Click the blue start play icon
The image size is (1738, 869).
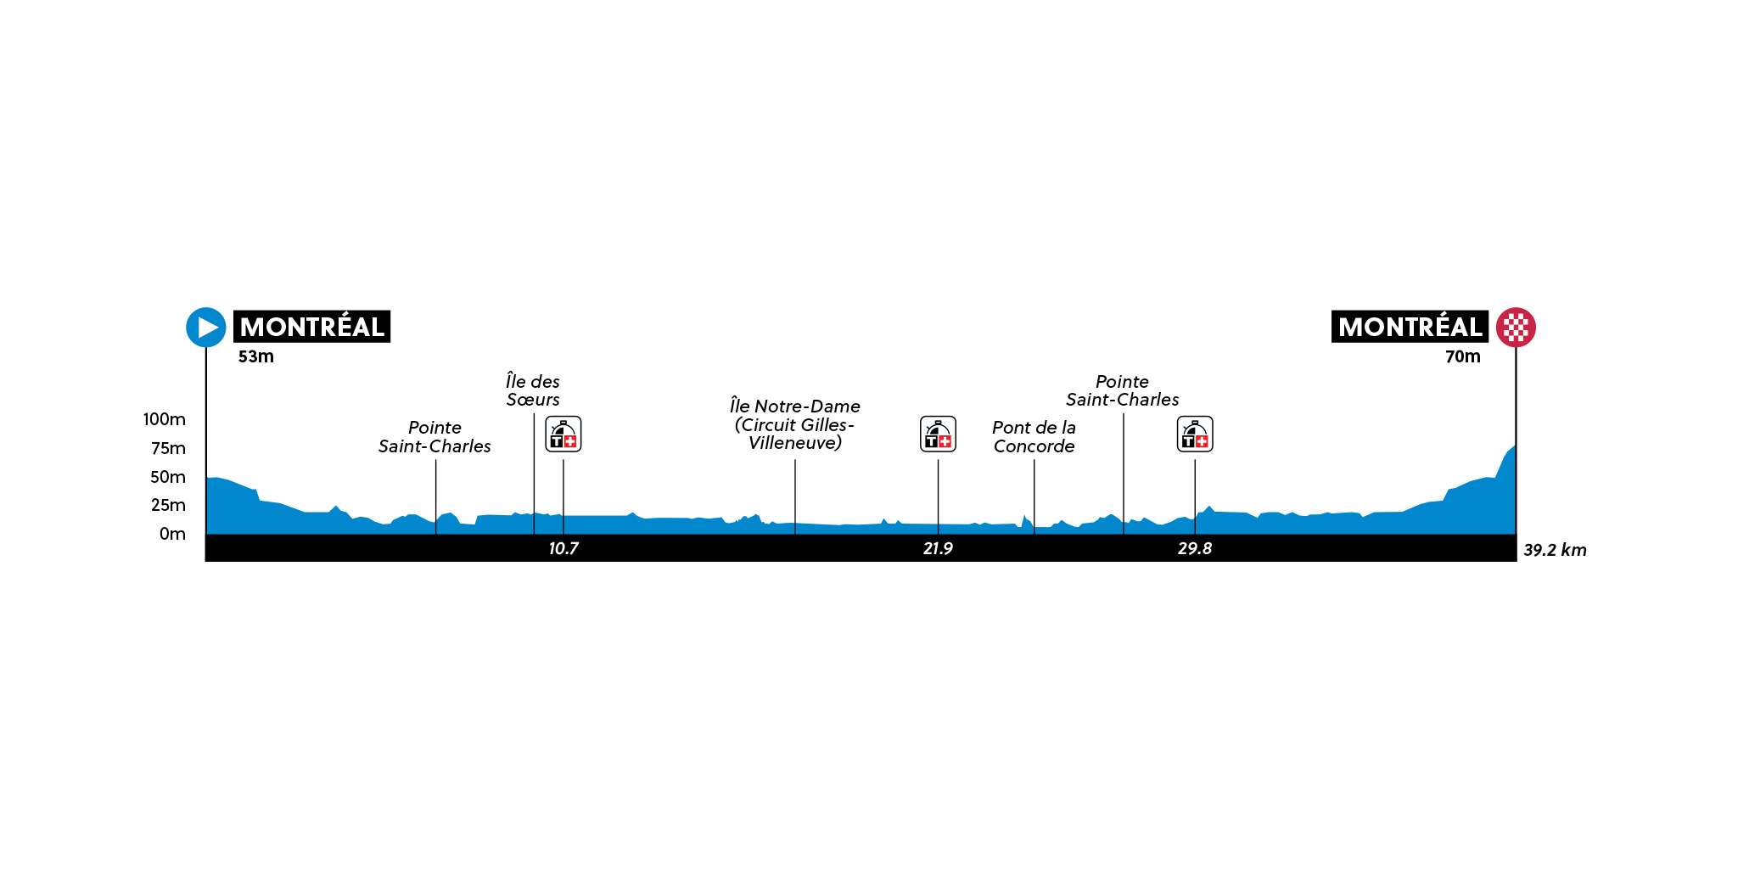(x=206, y=327)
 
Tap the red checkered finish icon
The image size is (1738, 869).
(x=1516, y=327)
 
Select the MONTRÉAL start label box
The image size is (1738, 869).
(x=311, y=327)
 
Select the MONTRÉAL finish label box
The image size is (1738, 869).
(x=1410, y=327)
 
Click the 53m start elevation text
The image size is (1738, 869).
(x=256, y=356)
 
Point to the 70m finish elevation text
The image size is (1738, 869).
(x=1463, y=356)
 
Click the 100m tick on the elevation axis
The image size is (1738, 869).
(x=165, y=419)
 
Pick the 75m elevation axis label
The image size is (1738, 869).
(x=168, y=448)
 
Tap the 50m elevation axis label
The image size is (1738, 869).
(x=168, y=477)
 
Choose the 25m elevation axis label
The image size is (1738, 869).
(x=168, y=505)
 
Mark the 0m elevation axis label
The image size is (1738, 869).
(x=172, y=534)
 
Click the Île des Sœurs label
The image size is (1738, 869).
(x=533, y=390)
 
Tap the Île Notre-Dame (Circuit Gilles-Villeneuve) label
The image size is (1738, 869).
(x=795, y=424)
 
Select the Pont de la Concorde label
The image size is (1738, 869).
(x=1034, y=437)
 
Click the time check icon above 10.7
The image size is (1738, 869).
(x=563, y=434)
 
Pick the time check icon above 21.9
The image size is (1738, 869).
(x=939, y=434)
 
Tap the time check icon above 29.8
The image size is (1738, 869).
(x=1195, y=434)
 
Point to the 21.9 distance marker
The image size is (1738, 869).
(x=938, y=548)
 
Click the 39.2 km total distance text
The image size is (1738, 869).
(x=1555, y=550)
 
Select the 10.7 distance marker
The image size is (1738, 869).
(x=563, y=548)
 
